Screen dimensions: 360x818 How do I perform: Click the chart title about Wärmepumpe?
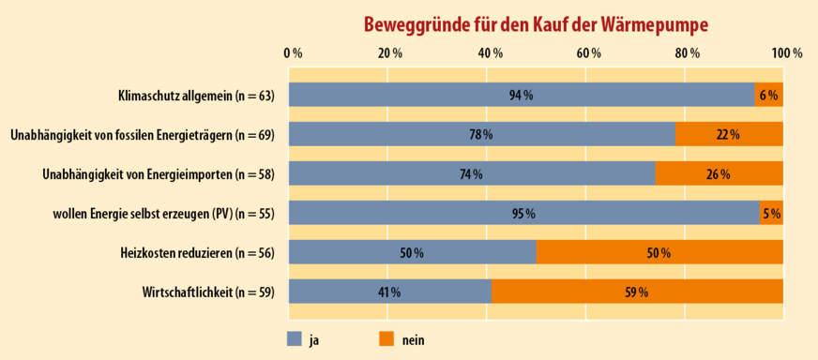click(536, 22)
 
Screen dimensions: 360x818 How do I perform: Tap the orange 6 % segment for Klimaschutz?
click(768, 95)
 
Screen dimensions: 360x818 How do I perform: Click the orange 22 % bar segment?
click(728, 134)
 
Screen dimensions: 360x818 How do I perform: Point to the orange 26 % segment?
click(719, 173)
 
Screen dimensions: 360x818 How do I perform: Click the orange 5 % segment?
click(771, 213)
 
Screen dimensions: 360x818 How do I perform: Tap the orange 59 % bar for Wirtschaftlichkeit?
click(637, 292)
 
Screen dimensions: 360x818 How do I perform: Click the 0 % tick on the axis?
click(293, 53)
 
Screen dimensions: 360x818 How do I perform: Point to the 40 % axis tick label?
click(490, 53)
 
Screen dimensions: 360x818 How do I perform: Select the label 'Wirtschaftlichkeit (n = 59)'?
click(209, 292)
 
